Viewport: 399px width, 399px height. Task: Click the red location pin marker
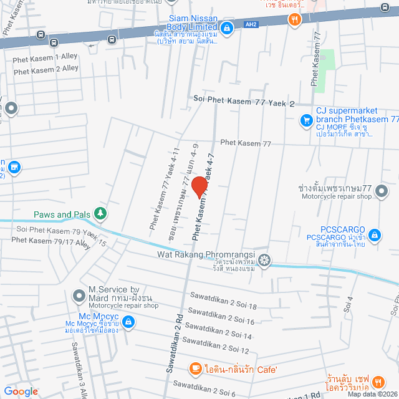click(199, 187)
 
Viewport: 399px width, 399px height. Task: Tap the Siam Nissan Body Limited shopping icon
click(228, 27)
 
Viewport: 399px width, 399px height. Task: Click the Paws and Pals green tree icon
click(100, 214)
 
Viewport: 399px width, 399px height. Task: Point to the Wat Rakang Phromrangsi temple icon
click(265, 259)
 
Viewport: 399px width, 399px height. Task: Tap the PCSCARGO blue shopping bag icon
click(375, 235)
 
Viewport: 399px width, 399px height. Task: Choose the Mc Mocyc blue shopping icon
click(128, 304)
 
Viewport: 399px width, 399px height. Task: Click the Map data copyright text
click(372, 394)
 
